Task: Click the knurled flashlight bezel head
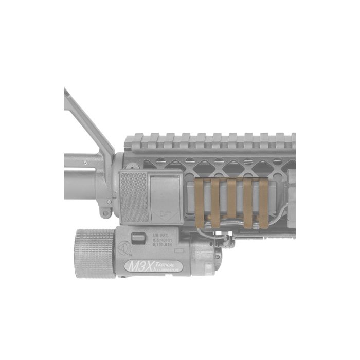point(95,254)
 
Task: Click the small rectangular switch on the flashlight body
point(138,238)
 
